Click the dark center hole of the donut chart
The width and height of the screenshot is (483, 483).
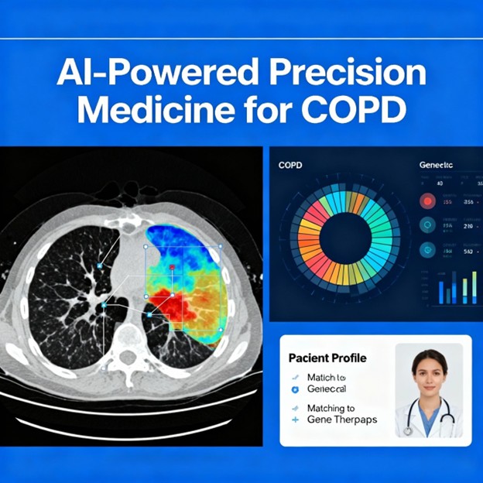(346, 237)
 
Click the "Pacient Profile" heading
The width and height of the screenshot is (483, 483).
(327, 358)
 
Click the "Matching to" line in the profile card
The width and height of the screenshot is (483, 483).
(331, 407)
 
